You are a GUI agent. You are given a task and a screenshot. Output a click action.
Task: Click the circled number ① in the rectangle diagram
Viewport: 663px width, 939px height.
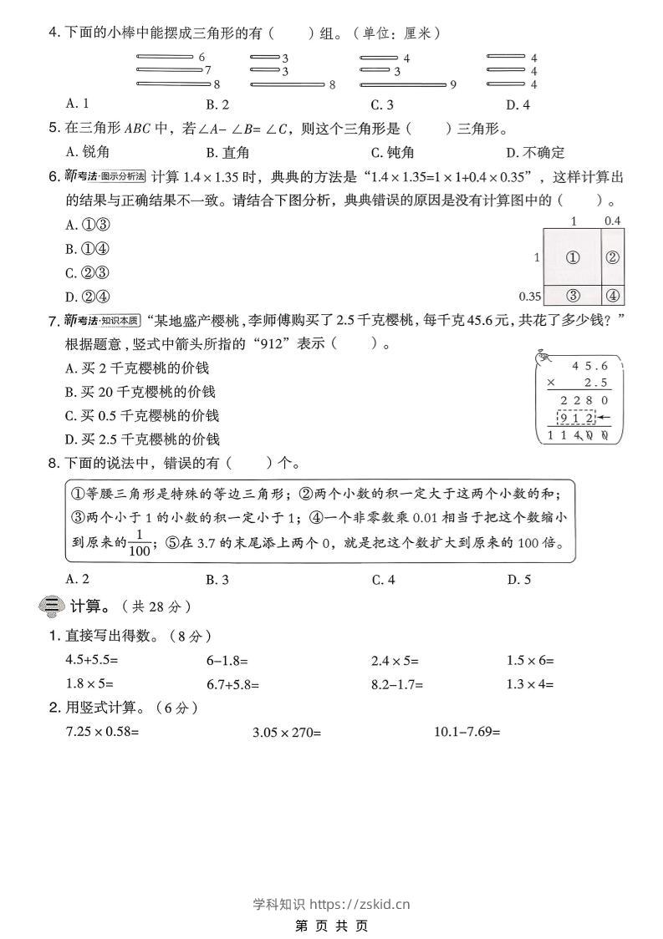click(x=573, y=257)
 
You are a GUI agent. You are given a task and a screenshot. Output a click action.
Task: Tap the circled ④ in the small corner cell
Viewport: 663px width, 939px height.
click(x=612, y=295)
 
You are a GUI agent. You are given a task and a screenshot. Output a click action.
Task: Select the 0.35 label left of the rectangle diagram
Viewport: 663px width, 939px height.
click(x=529, y=296)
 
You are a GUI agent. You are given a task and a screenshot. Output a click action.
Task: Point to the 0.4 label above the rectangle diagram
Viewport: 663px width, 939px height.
click(x=612, y=221)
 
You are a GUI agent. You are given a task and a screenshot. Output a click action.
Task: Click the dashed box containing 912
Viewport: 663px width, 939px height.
click(x=577, y=418)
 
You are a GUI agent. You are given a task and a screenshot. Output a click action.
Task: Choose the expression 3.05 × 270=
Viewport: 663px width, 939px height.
click(x=287, y=732)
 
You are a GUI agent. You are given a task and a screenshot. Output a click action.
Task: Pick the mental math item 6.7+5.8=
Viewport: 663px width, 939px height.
click(x=232, y=684)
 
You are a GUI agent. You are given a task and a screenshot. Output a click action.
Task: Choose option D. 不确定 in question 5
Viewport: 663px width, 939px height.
click(x=535, y=152)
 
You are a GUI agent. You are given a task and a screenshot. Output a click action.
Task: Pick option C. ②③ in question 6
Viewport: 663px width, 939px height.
click(x=88, y=272)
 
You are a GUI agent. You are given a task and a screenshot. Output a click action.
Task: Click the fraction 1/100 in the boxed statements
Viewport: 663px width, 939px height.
click(x=140, y=542)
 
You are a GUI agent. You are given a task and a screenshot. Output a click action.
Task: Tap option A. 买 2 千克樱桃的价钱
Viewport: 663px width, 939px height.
click(x=137, y=368)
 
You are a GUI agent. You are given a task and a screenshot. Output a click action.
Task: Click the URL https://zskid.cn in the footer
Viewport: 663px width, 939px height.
click(x=360, y=903)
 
